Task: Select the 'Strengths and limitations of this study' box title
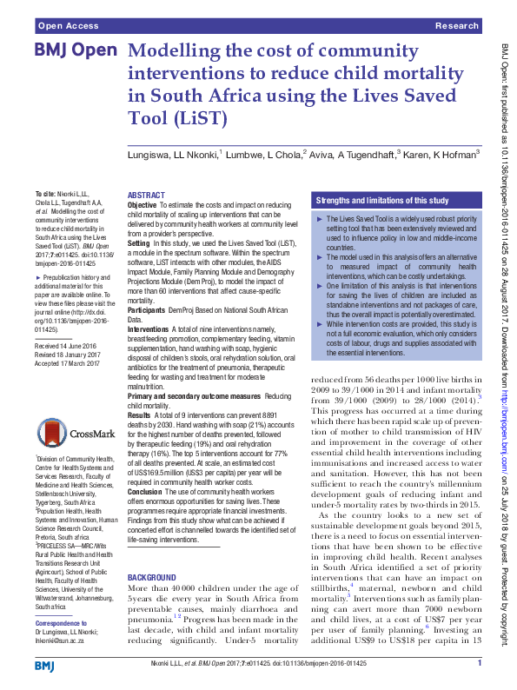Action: pyautogui.click(x=382, y=199)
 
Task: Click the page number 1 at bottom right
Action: pyautogui.click(x=480, y=663)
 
